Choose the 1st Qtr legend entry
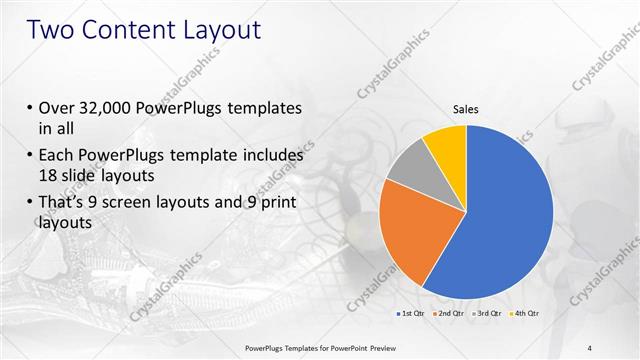point(412,314)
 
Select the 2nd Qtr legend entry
point(450,314)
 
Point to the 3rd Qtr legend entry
point(488,314)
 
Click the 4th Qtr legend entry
point(526,314)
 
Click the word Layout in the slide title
point(222,30)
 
